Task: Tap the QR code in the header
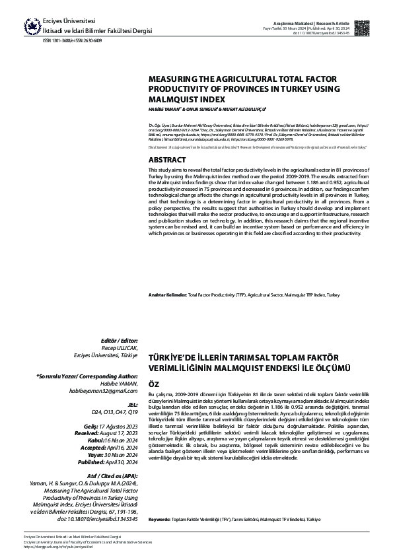[361, 28]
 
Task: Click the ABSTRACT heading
[167, 160]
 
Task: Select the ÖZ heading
[153, 383]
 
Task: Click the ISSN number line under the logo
[73, 40]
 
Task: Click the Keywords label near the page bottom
[161, 520]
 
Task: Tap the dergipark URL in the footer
[58, 547]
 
